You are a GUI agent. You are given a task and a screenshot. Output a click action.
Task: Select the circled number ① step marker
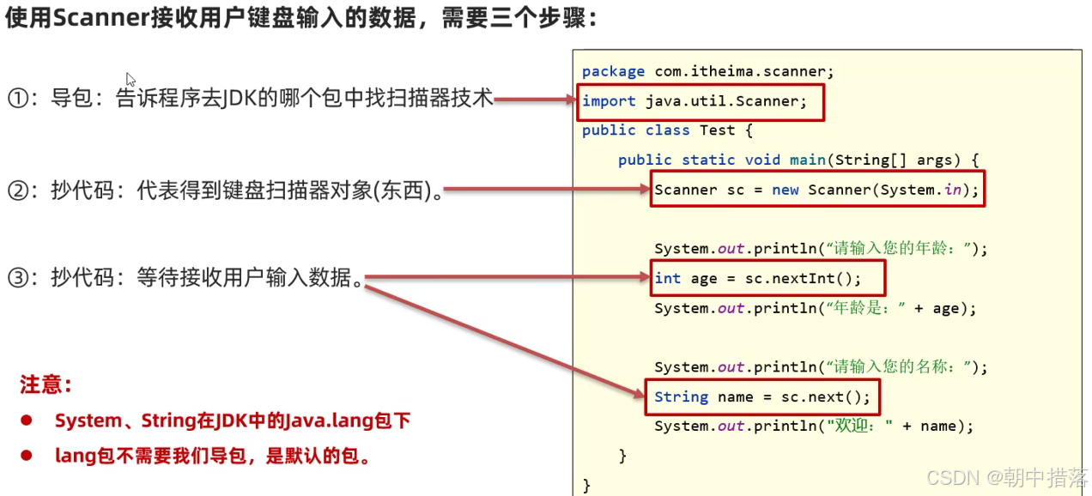click(x=18, y=99)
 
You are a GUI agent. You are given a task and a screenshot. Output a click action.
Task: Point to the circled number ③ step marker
click(x=18, y=277)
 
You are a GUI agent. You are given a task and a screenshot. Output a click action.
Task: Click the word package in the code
click(x=613, y=71)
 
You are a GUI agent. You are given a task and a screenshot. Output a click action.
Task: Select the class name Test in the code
click(x=717, y=130)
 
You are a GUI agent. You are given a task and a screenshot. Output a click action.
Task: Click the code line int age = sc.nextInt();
click(x=756, y=278)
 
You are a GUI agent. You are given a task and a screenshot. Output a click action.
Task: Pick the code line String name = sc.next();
click(x=761, y=396)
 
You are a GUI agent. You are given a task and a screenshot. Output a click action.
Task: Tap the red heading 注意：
click(x=46, y=384)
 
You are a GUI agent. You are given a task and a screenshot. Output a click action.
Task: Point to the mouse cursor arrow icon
click(x=130, y=79)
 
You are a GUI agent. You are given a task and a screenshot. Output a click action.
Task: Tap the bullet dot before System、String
click(x=27, y=420)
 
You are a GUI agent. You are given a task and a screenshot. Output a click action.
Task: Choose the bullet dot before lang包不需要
click(x=27, y=456)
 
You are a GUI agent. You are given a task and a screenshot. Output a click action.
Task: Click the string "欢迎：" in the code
click(x=858, y=426)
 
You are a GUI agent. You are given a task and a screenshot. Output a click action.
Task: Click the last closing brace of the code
click(x=586, y=484)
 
